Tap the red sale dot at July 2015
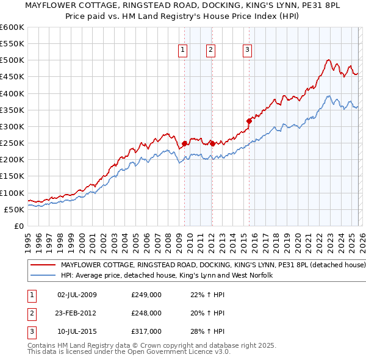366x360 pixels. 249,120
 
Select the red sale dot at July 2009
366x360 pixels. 184,143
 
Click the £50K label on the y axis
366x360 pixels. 13,209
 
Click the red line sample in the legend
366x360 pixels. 43,265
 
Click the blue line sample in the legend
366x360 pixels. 43,276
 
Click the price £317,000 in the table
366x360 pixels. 146,331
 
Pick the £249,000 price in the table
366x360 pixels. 146,295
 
